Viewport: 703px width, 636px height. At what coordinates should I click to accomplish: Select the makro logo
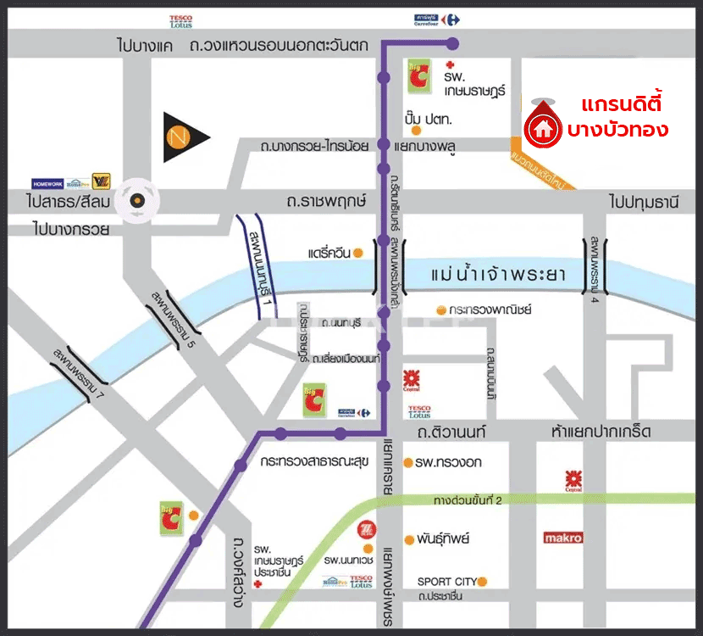[x=563, y=538]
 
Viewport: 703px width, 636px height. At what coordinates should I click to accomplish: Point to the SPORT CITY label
[x=446, y=582]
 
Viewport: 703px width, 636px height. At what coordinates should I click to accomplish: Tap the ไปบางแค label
[x=145, y=47]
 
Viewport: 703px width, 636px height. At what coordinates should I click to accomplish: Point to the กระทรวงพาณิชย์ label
[x=490, y=310]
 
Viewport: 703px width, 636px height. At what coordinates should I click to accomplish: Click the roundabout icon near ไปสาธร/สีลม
[x=136, y=201]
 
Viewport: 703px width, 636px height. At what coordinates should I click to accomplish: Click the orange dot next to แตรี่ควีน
[x=359, y=253]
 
